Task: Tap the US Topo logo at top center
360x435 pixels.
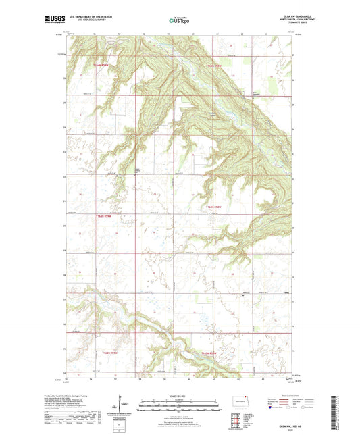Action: point(180,21)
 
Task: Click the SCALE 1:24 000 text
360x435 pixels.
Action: point(179,396)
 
